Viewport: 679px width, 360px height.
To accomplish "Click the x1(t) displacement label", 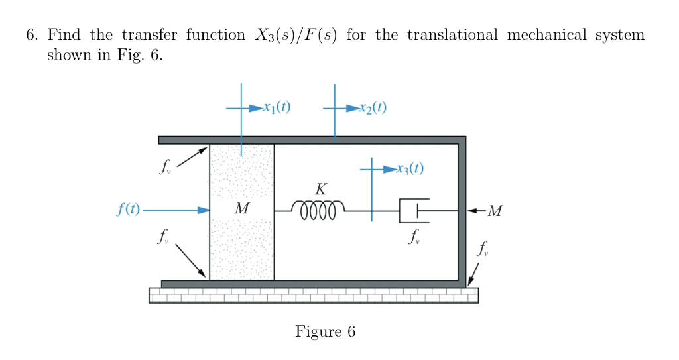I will click(277, 107).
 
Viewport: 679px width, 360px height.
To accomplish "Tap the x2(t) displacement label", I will click(371, 107).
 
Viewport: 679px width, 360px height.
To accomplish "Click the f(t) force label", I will click(127, 210).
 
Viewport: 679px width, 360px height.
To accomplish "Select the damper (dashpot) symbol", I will click(414, 210).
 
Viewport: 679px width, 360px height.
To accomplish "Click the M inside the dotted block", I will click(242, 210).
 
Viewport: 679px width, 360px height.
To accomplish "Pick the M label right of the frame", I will click(495, 211).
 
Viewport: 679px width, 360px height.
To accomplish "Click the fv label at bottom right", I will click(485, 250).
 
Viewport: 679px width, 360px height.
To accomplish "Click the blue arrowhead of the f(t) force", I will click(203, 210).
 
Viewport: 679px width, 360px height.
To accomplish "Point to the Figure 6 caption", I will click(325, 331).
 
